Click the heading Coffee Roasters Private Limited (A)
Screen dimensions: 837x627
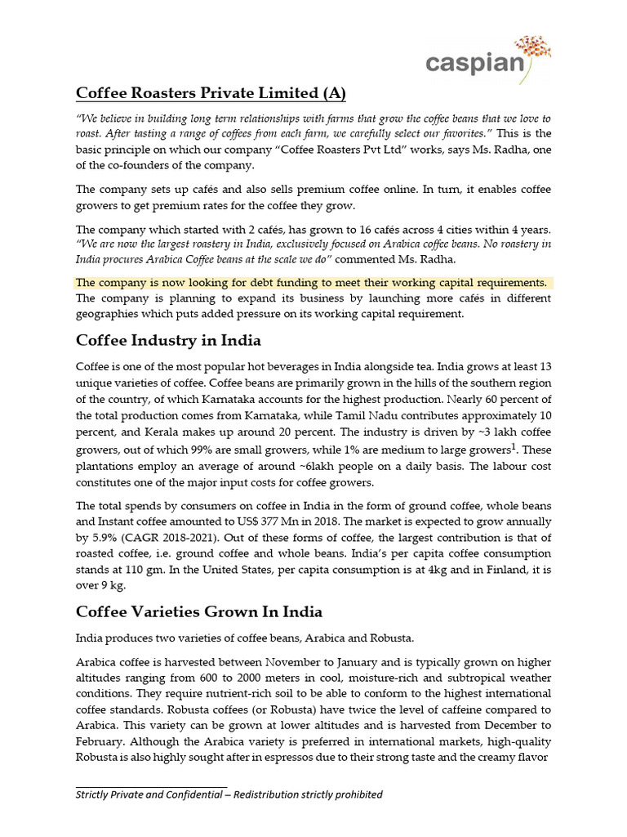(x=211, y=93)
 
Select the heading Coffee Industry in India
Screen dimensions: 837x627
(x=168, y=339)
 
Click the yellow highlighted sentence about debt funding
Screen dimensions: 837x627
(x=311, y=282)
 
